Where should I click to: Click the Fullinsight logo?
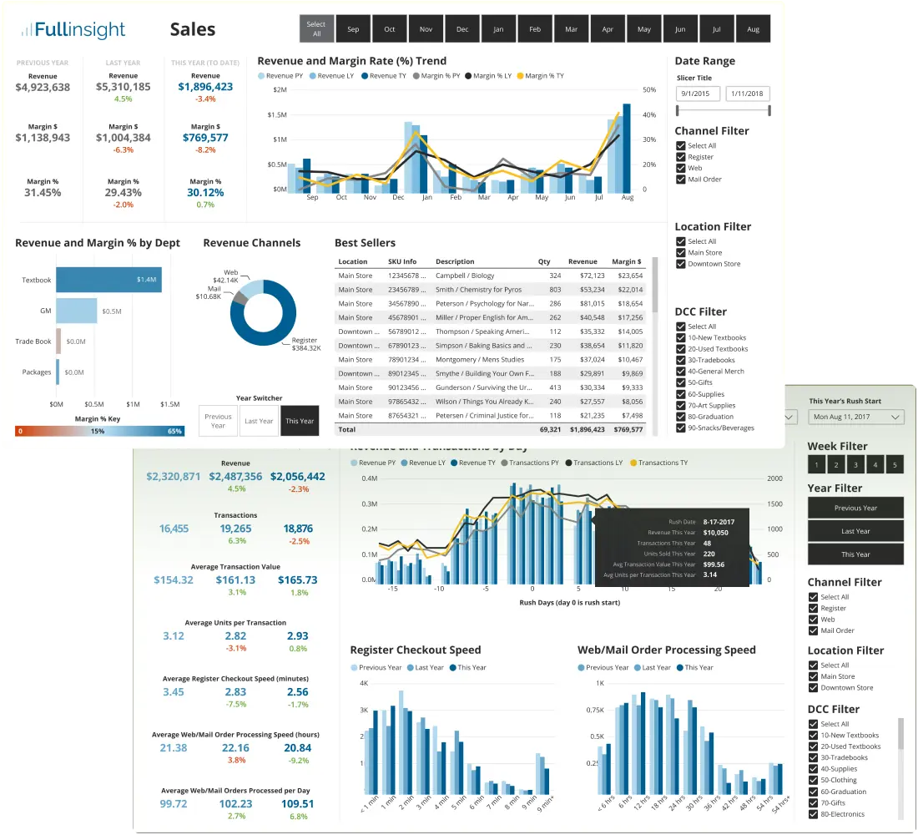(x=73, y=31)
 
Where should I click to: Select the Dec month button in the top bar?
(x=462, y=29)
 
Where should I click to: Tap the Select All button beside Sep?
(x=316, y=29)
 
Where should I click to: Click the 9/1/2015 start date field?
(x=698, y=94)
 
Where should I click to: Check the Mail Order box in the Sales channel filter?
(x=681, y=180)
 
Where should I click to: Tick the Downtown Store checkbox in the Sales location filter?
(x=681, y=264)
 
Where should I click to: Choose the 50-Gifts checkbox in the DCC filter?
(x=681, y=382)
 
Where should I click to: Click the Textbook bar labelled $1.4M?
(x=108, y=280)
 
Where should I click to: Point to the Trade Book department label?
(x=33, y=342)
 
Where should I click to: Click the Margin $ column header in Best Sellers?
(x=627, y=261)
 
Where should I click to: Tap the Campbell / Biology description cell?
(x=465, y=276)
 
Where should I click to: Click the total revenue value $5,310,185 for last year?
(x=124, y=87)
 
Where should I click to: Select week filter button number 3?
(x=856, y=465)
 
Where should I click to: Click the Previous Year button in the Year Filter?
(x=855, y=508)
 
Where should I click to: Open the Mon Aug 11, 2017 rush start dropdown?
(x=856, y=417)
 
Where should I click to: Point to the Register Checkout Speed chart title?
(x=415, y=650)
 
